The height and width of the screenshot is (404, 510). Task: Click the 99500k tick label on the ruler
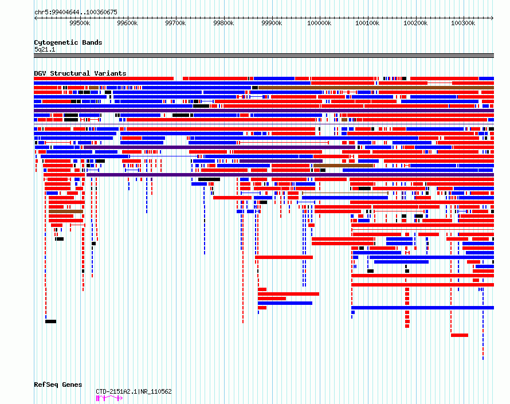80,23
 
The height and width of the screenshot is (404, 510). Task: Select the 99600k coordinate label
127,23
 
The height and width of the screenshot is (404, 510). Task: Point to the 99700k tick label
176,23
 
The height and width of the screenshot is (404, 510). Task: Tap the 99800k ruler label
224,23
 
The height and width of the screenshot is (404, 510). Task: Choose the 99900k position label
272,23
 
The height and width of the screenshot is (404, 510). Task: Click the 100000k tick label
319,23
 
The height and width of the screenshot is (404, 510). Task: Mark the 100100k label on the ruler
367,23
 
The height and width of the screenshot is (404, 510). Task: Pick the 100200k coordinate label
415,23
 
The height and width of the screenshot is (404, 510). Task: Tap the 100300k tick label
463,23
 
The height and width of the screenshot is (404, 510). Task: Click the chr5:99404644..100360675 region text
76,12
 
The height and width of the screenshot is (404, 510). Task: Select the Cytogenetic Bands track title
68,42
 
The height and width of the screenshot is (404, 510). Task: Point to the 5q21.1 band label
45,49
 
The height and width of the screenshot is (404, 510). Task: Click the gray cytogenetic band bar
264,56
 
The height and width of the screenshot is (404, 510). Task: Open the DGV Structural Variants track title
80,73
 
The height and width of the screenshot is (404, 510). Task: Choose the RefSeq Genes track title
58,385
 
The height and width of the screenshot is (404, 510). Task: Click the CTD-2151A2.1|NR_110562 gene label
134,391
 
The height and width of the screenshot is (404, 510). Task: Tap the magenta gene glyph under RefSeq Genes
109,398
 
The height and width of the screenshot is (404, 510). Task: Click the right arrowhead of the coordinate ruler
492,18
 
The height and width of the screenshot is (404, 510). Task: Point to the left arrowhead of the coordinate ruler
36,18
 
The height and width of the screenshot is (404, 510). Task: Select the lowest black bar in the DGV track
51,321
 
